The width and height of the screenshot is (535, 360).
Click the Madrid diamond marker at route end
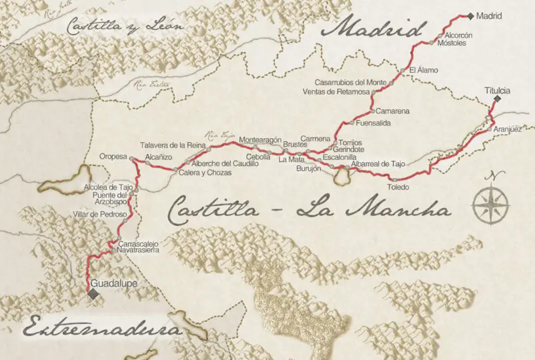[470, 16]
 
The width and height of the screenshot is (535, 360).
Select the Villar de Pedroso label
[101, 215]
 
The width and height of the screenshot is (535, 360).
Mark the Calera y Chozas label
[205, 173]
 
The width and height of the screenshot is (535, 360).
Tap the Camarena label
[392, 111]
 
